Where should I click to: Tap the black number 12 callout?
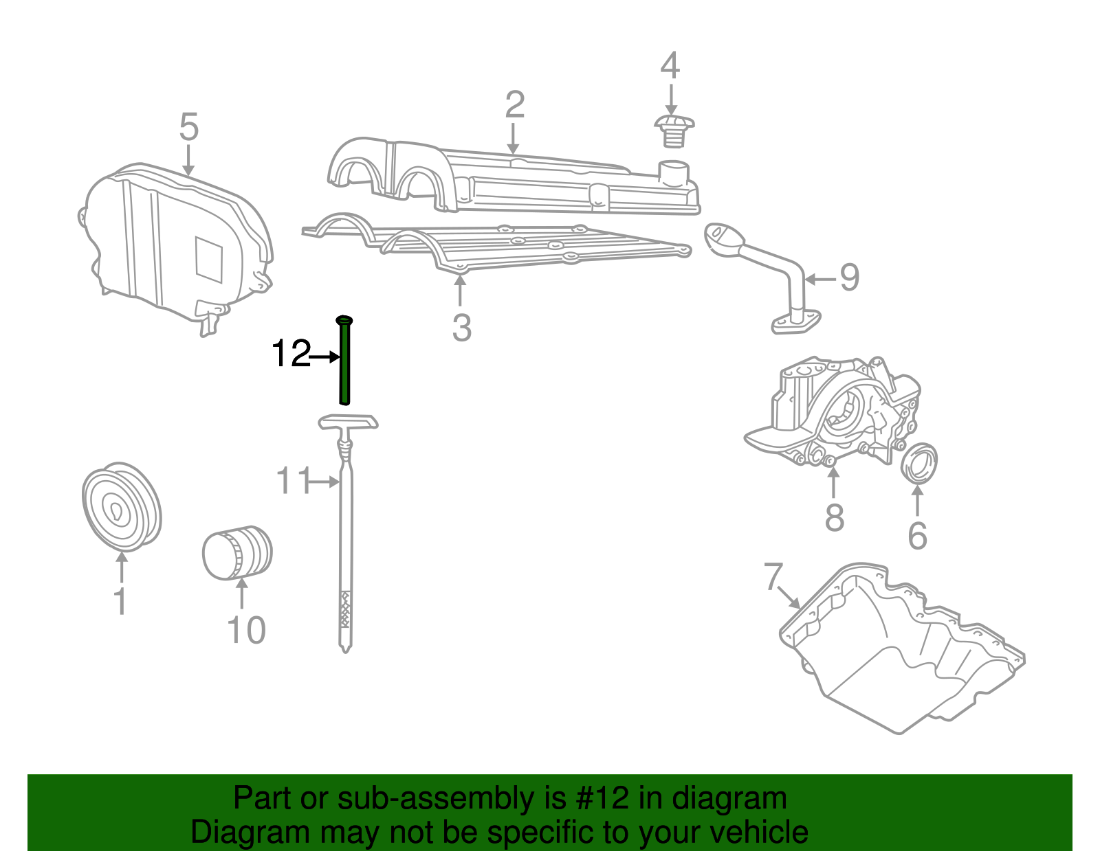coord(291,354)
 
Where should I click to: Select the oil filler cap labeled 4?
coord(673,130)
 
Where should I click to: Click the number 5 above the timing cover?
coord(188,128)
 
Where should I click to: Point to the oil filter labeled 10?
coord(237,553)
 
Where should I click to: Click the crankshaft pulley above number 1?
coord(121,507)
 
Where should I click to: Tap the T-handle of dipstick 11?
coord(349,422)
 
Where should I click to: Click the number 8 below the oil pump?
coord(834,517)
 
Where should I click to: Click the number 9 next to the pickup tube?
coord(850,278)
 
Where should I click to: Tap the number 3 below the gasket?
coord(462,328)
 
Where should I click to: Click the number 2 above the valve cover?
coord(514,104)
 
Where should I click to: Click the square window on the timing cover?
coord(209,260)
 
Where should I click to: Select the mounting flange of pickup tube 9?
coord(795,322)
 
